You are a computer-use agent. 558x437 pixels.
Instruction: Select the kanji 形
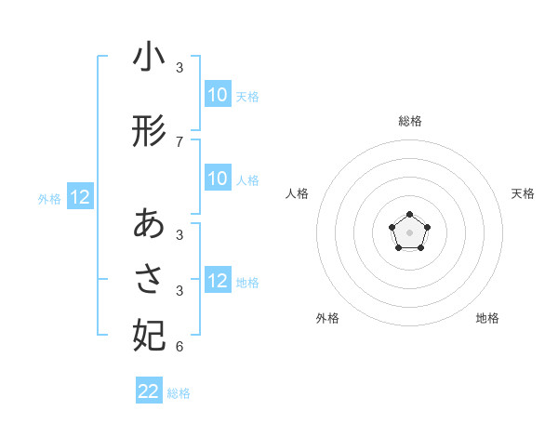149,131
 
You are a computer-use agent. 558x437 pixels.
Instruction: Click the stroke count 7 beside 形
179,141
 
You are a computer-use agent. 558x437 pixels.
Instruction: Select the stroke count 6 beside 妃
179,347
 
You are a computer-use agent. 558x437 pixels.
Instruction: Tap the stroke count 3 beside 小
179,68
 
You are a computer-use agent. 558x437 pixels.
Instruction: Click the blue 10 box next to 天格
218,95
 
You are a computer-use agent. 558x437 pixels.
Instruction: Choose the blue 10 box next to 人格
218,179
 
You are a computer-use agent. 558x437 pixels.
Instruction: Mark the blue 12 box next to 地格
218,281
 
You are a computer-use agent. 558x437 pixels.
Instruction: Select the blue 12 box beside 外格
80,197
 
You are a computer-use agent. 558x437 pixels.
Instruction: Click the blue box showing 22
149,391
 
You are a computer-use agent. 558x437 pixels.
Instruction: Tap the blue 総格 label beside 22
179,393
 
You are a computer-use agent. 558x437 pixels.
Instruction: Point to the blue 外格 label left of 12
49,198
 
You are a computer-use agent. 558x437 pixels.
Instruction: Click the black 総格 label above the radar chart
409,121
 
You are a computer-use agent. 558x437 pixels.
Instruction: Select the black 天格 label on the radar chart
523,193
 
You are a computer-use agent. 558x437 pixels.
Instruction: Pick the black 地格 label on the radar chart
487,318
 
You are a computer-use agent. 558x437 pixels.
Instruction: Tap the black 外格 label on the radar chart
327,318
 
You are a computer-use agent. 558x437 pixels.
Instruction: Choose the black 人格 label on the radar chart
297,193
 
